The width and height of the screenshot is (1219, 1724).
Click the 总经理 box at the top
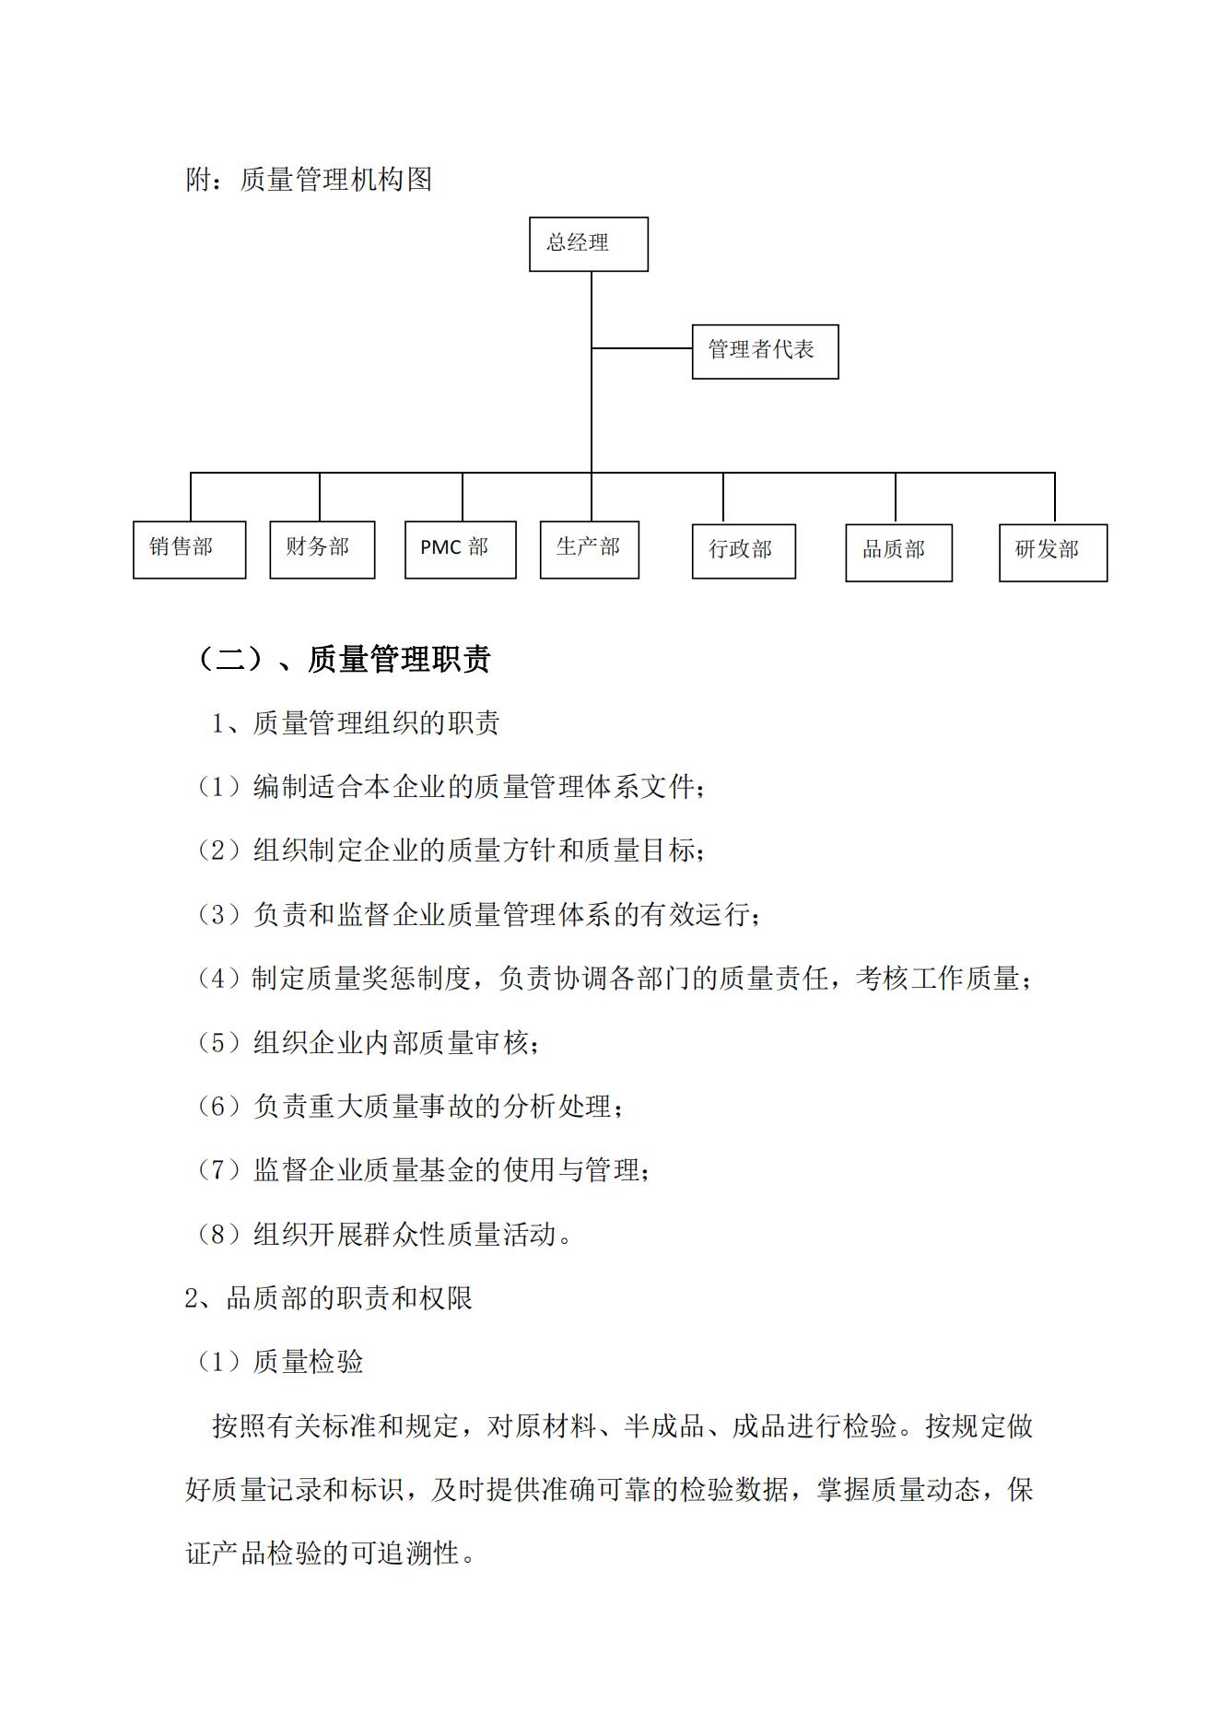pos(588,244)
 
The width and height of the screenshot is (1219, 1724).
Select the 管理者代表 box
pos(765,351)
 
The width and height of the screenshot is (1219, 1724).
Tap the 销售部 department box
pos(189,549)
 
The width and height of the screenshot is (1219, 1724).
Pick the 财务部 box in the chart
pos(322,549)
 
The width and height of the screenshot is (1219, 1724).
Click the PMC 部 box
pos(460,549)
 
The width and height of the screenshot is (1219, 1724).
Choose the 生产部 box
pos(589,549)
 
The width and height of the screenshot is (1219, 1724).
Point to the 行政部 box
pos(744,551)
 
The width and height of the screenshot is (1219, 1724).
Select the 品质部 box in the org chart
pos(898,552)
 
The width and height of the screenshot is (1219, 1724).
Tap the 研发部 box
pos(1052,552)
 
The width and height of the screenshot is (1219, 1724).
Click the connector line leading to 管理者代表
pos(641,348)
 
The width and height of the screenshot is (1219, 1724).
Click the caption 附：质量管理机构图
pos(309,179)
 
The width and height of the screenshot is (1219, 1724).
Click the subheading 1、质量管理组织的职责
pos(356,723)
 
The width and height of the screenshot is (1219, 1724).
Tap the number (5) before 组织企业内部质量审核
pos(218,1043)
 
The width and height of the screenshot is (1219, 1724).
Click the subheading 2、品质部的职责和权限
pos(329,1298)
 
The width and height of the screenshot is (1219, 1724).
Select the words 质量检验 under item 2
pos(308,1362)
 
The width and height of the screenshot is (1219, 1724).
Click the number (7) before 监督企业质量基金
pos(218,1170)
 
